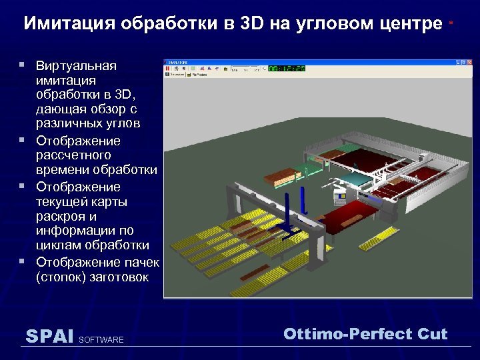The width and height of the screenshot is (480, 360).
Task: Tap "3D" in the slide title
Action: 253,24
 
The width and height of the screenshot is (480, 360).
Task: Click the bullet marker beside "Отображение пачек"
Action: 22,261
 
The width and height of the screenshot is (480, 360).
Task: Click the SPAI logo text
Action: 49,336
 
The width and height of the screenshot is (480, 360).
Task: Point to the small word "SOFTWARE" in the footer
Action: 101,340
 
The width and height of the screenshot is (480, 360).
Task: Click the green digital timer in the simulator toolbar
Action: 286,68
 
